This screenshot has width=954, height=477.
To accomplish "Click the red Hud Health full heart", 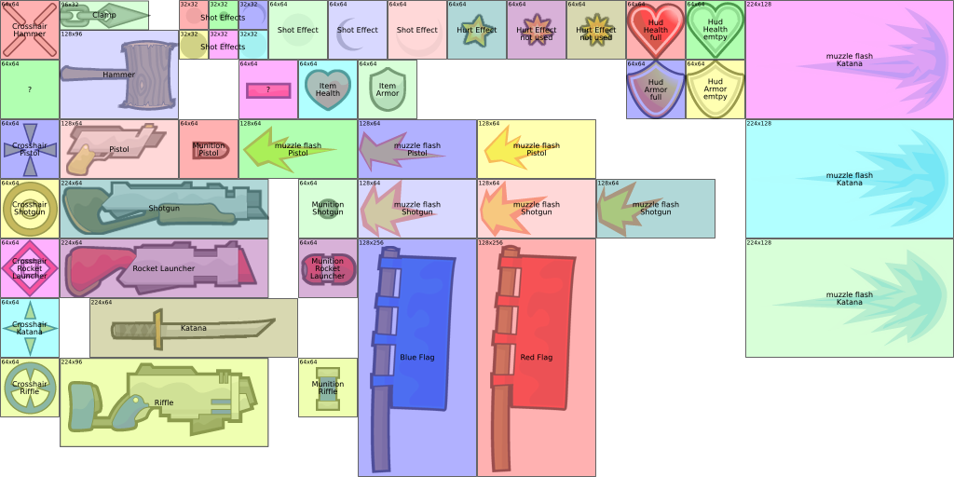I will tap(656, 30).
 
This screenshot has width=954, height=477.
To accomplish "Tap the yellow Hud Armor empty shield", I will tap(715, 90).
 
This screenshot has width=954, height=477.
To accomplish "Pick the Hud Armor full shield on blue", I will tap(656, 90).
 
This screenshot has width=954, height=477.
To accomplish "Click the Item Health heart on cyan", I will tap(328, 89).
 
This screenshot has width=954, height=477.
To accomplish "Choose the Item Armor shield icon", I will tap(388, 89).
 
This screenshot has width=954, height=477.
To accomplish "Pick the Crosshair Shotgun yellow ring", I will tap(30, 209).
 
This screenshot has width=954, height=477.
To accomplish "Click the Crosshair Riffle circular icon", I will tap(30, 388).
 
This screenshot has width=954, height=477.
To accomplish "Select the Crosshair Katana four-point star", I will tap(30, 328).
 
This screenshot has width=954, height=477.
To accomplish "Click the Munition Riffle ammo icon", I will tap(328, 388).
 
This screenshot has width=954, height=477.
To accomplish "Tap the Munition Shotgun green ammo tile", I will tap(328, 209).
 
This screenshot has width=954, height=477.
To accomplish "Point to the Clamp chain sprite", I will tap(102, 15).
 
